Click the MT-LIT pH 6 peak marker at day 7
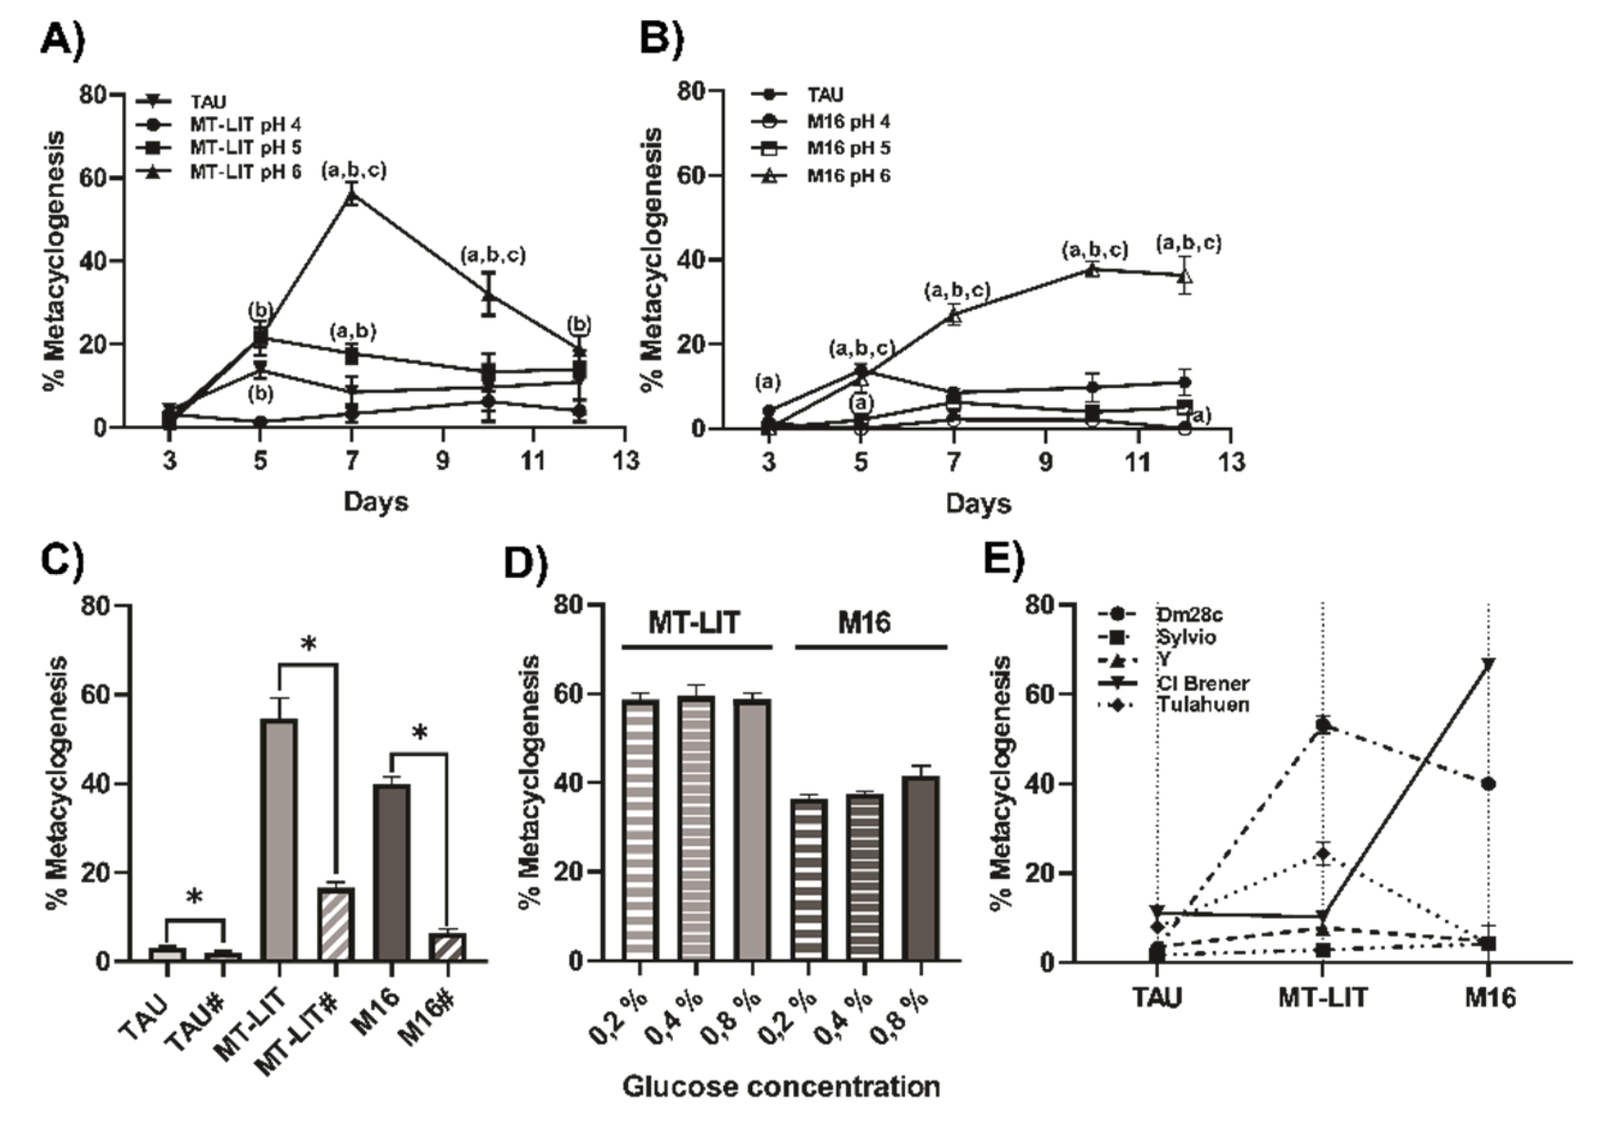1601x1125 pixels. tap(352, 196)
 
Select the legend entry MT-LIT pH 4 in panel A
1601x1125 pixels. tap(244, 125)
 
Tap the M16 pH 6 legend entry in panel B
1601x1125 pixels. tap(848, 176)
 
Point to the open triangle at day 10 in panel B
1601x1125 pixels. tap(1092, 270)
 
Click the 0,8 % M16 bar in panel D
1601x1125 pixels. tap(921, 867)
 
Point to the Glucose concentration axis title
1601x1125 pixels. tap(781, 1087)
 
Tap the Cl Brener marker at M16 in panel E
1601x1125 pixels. tap(1487, 663)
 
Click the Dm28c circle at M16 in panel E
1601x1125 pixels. tap(1488, 784)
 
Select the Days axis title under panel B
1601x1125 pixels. tap(978, 504)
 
